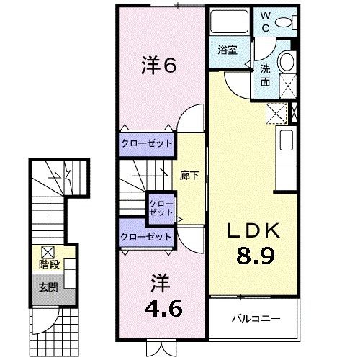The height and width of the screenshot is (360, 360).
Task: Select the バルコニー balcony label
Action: [255, 318]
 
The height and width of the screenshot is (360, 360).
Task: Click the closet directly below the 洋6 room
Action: [146, 143]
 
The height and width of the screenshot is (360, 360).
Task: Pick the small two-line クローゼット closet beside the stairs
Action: [161, 209]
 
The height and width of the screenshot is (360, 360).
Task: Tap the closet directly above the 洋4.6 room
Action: [146, 236]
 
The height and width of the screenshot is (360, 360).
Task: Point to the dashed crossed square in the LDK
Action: [275, 113]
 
